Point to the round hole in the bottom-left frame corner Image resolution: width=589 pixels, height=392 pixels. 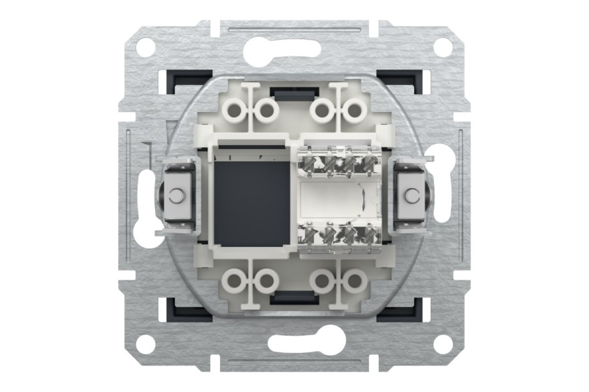(146, 343)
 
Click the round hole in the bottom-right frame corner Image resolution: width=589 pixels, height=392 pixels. (443, 343)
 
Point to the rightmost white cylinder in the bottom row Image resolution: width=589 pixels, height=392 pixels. (353, 281)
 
